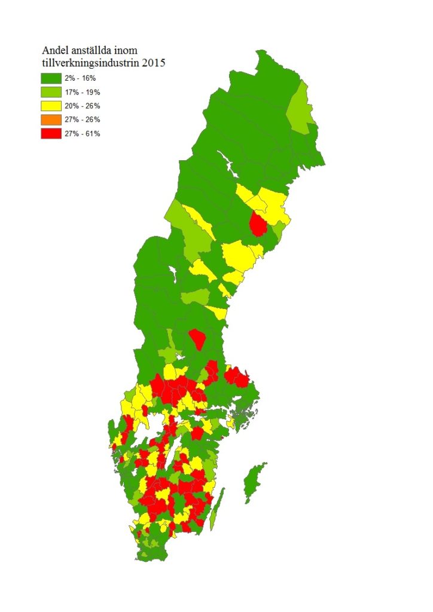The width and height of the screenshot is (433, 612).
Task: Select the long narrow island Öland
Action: coord(217,509)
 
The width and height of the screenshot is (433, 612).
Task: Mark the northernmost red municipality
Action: coord(258,224)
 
